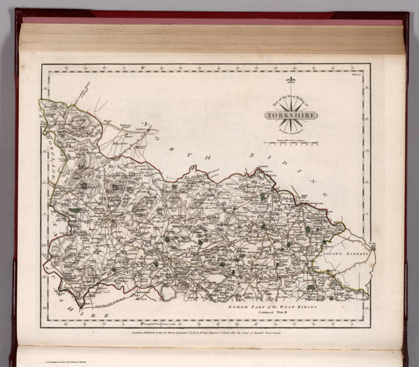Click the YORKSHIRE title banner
point(291,115)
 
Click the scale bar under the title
point(291,142)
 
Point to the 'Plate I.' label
point(357,74)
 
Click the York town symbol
point(373,248)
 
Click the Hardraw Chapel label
point(125,126)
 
